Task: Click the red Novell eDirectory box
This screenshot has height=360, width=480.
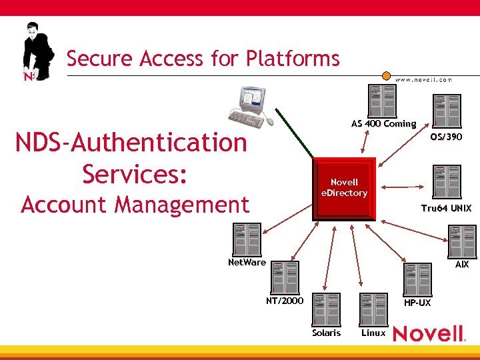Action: pyautogui.click(x=345, y=187)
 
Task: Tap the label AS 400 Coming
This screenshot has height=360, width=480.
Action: pyautogui.click(x=383, y=123)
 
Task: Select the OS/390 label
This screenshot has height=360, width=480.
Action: pyautogui.click(x=446, y=137)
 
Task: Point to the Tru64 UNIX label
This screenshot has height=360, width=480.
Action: pyautogui.click(x=446, y=208)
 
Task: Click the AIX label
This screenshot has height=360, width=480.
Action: pyautogui.click(x=461, y=264)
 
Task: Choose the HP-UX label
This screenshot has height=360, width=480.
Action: pyautogui.click(x=417, y=303)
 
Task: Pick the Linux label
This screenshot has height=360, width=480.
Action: pyautogui.click(x=373, y=332)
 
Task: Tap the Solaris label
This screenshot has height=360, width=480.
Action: pyautogui.click(x=326, y=332)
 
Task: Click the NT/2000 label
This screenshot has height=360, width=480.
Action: pyautogui.click(x=285, y=301)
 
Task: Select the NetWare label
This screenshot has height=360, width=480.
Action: pyautogui.click(x=247, y=262)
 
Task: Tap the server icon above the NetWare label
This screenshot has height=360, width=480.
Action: pyautogui.click(x=247, y=239)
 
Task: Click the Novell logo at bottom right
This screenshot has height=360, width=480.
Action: pyautogui.click(x=429, y=333)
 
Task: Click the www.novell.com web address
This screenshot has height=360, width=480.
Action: pyautogui.click(x=424, y=79)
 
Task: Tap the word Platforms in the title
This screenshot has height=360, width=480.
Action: pyautogui.click(x=293, y=59)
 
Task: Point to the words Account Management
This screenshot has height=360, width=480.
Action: pyautogui.click(x=135, y=204)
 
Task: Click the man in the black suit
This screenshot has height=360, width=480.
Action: pyautogui.click(x=37, y=53)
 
